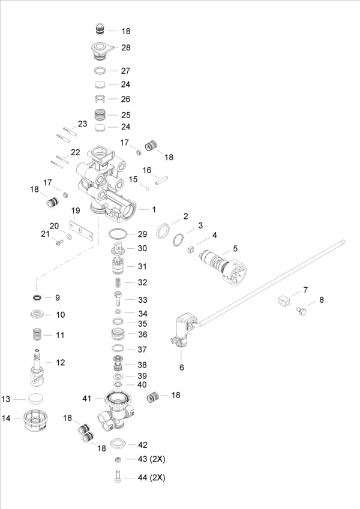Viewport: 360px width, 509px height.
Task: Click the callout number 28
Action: point(126,47)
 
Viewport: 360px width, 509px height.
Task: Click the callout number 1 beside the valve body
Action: point(154,209)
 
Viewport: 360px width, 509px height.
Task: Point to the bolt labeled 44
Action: point(118,478)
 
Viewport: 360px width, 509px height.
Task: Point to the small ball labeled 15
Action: point(145,186)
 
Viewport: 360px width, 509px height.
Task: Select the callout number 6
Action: point(181,367)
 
